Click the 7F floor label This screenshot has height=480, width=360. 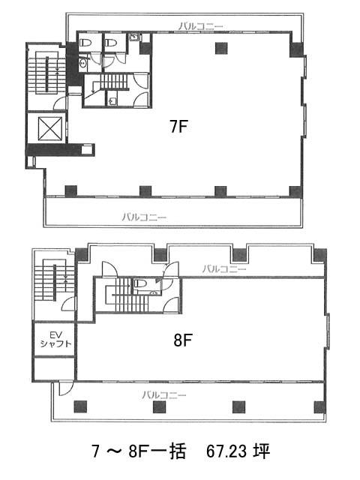click(178, 126)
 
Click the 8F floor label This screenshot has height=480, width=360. click(183, 340)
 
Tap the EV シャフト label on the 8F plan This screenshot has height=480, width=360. click(55, 340)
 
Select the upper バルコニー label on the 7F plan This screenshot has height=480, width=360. click(201, 26)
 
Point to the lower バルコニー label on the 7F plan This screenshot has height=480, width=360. click(145, 217)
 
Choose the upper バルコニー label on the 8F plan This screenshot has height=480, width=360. click(224, 269)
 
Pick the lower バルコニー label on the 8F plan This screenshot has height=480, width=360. click(163, 394)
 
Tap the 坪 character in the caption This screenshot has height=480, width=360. click(262, 451)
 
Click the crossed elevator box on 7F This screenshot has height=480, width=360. click(50, 128)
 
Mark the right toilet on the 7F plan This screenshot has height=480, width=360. click(111, 43)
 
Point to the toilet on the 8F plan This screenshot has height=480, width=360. click(139, 283)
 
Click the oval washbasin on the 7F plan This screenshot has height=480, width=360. click(82, 63)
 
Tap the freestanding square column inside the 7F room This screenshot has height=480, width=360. click(221, 48)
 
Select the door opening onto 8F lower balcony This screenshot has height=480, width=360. click(64, 388)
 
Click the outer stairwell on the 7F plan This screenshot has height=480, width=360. click(46, 73)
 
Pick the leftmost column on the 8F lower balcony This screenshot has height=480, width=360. click(80, 406)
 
